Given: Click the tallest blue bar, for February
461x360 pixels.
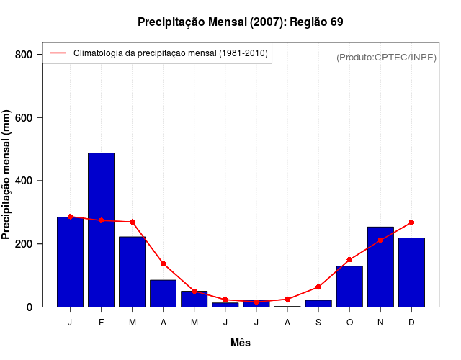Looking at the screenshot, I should tap(101, 230).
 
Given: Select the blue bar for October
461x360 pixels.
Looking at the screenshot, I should tap(349, 287).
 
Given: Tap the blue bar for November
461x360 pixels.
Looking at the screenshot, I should tap(380, 267).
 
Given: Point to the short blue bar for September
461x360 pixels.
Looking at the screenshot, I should tap(318, 303).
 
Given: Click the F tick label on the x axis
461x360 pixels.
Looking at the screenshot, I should tap(101, 323).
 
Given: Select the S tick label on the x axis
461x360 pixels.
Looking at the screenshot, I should tap(318, 323).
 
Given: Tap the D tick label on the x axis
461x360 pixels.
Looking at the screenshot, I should tap(411, 323).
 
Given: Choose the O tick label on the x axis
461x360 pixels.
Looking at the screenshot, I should tap(349, 323).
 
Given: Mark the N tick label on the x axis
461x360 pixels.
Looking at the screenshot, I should tap(380, 323).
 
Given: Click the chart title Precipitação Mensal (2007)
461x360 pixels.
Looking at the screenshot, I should tap(240, 22).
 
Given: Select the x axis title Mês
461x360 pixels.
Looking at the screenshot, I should tap(240, 343).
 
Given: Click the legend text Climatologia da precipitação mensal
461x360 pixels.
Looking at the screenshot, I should tap(171, 53).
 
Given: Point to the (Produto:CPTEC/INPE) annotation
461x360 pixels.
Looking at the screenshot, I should tap(386, 57).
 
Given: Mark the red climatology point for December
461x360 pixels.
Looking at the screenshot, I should tap(411, 222).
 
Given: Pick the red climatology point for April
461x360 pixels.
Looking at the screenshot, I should tap(163, 264).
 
